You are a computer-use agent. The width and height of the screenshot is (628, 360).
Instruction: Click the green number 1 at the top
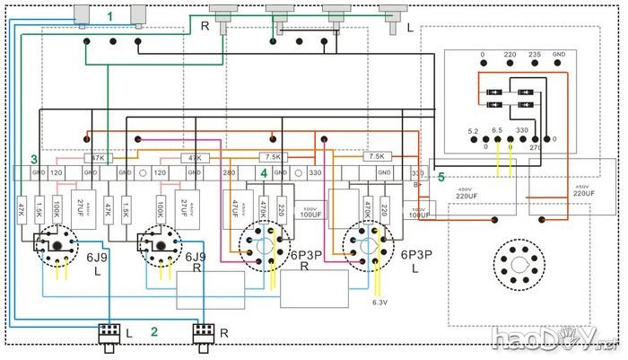tap(109, 16)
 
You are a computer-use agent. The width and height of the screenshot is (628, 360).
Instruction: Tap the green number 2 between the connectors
tap(154, 331)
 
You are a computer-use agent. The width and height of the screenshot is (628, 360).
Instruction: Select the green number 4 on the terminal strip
tap(264, 172)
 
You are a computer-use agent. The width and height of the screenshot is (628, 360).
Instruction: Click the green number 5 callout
tap(440, 177)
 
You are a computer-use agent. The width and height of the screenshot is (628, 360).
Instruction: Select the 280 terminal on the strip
tap(229, 171)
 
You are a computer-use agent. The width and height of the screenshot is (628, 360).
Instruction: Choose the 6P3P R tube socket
tap(266, 245)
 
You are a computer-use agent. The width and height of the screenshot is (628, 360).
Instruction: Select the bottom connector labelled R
tap(203, 333)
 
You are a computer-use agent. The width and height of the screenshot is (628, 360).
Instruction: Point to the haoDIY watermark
tap(555, 338)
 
